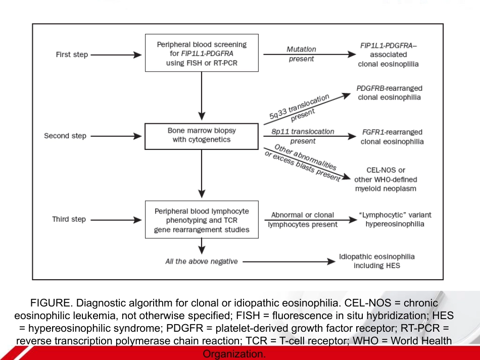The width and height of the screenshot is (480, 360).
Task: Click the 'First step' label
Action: click(x=72, y=55)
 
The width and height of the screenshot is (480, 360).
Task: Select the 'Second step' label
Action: click(x=65, y=136)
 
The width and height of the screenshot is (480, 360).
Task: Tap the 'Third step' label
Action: click(x=69, y=219)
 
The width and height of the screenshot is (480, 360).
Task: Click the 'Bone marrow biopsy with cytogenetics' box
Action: click(x=202, y=136)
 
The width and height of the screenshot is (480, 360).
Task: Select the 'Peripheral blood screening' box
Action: click(x=202, y=53)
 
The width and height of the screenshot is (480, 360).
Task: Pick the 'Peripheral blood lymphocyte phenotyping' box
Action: click(x=202, y=220)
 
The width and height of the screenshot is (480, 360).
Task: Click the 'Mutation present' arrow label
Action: click(x=302, y=54)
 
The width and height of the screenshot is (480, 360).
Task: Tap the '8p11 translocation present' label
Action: click(x=303, y=136)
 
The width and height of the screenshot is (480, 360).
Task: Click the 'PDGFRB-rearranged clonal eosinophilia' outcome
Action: click(x=390, y=93)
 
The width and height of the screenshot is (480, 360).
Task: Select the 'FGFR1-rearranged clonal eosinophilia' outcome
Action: click(x=392, y=137)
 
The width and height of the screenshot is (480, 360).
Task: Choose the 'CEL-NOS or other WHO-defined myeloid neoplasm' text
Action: click(x=386, y=179)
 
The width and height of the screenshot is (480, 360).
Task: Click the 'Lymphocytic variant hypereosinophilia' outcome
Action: click(x=395, y=219)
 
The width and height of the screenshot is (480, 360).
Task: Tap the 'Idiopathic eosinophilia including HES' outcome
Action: click(x=377, y=261)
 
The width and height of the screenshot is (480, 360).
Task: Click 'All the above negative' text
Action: click(x=202, y=262)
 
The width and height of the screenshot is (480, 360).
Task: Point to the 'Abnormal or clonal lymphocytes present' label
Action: click(x=303, y=220)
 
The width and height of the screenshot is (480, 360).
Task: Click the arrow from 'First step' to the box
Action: click(x=116, y=55)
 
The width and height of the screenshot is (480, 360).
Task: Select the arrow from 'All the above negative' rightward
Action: click(x=289, y=262)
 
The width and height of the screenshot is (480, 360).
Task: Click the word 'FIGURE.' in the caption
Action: click(x=52, y=303)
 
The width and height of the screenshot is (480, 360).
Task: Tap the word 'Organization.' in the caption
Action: click(x=234, y=354)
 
